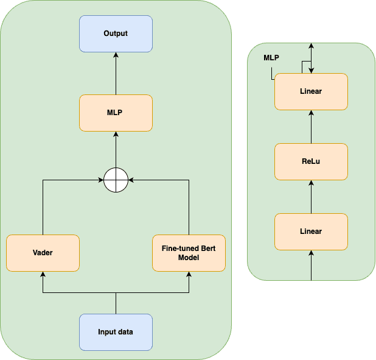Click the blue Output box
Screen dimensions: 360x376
coord(116,34)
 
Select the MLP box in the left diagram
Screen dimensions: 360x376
coord(116,113)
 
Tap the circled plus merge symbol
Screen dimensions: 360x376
coord(116,180)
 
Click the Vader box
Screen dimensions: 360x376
coord(43,253)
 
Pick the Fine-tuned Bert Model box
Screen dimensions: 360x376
coord(189,253)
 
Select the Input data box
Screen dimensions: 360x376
coord(116,332)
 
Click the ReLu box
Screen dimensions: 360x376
coord(311,161)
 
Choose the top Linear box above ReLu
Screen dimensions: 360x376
coord(311,91)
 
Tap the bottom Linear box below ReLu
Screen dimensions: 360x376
coord(311,231)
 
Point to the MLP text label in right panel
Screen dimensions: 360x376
coord(271,58)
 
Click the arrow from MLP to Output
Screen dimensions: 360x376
coord(116,73)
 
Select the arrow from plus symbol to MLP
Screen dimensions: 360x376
coord(116,150)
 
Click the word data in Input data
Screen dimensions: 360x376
coord(125,332)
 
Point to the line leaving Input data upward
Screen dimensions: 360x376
coord(116,303)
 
